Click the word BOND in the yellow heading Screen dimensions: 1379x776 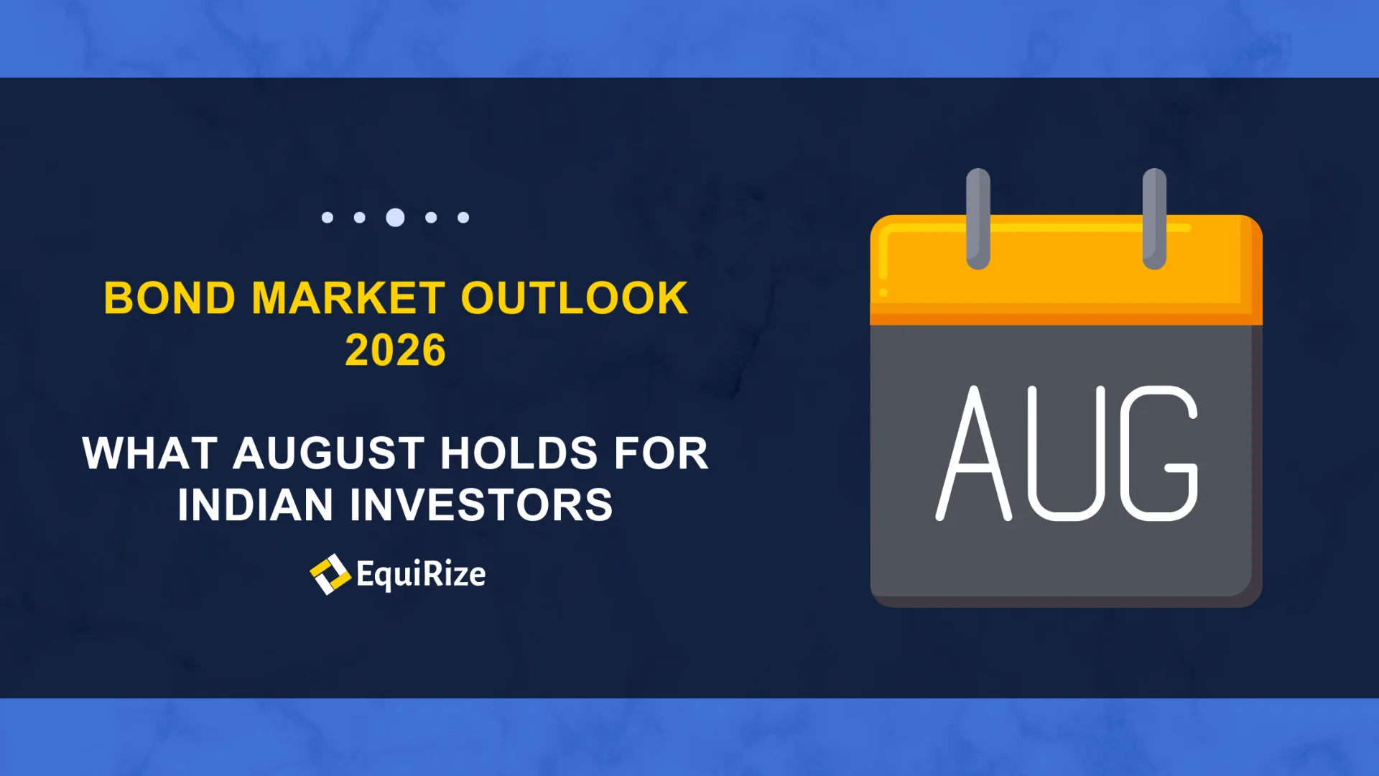click(170, 298)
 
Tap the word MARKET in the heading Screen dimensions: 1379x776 click(348, 298)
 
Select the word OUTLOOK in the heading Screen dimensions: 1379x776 click(575, 298)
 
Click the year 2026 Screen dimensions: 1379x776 click(396, 350)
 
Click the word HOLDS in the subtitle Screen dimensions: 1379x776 click(519, 453)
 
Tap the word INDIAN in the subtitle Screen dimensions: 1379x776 click(256, 504)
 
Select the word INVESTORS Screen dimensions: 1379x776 click(481, 504)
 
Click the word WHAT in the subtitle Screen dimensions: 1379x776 click(149, 453)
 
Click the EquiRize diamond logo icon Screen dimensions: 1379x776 click(330, 574)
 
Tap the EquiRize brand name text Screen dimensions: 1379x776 click(421, 575)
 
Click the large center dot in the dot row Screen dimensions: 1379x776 click(395, 217)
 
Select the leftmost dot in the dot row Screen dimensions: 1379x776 click(328, 217)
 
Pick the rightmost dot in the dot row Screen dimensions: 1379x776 click(463, 217)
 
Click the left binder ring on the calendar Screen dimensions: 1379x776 click(978, 219)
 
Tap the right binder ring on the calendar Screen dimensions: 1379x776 click(1154, 219)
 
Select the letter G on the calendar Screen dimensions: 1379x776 click(1159, 453)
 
